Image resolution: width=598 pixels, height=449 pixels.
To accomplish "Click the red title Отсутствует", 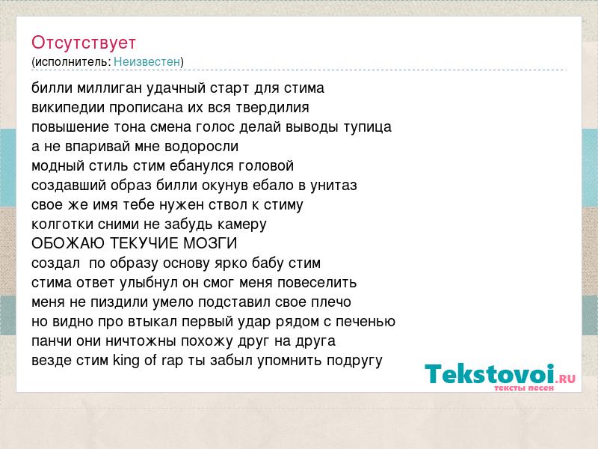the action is (x=84, y=43).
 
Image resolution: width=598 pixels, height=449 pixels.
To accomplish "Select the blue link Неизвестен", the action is (x=147, y=61).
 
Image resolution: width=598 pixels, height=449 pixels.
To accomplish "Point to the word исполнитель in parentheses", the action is (x=73, y=61).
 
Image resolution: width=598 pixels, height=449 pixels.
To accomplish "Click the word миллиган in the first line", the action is (x=110, y=88).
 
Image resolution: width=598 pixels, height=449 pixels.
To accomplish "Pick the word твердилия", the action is (x=272, y=108).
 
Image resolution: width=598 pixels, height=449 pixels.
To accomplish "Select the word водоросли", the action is (x=202, y=147).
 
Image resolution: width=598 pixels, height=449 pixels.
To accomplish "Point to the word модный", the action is (x=58, y=166).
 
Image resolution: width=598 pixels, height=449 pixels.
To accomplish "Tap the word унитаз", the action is (x=333, y=186).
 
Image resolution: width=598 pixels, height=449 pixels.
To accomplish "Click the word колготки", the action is (x=62, y=224).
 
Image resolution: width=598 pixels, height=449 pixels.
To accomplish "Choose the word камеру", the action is (x=241, y=224).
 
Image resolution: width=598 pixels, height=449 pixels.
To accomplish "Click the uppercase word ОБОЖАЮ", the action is (x=68, y=243).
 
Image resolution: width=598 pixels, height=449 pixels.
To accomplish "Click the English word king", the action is (x=126, y=361).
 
